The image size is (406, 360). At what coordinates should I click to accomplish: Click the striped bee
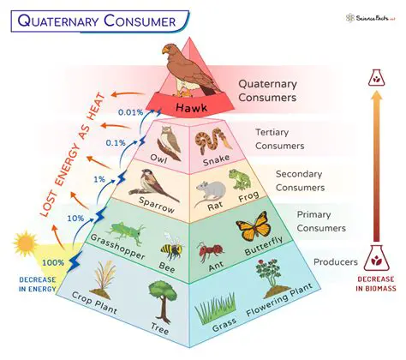pos(171,251)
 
